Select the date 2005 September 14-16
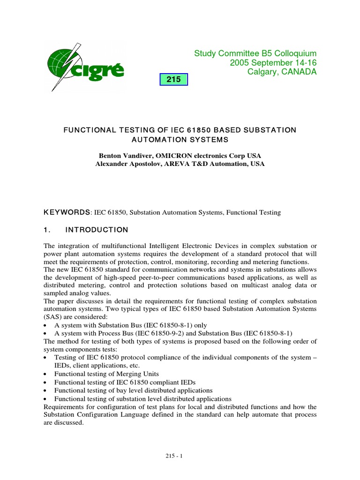click(x=273, y=63)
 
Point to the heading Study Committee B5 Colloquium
click(x=255, y=53)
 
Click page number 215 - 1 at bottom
click(x=180, y=455)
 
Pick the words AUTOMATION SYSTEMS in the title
click(x=180, y=139)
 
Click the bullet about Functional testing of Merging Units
click(x=106, y=374)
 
